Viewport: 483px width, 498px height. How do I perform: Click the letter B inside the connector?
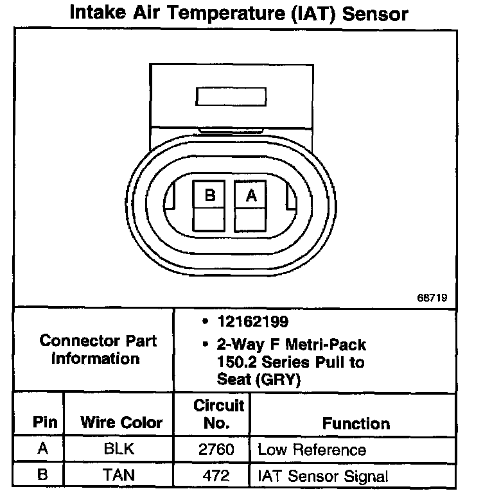(x=209, y=196)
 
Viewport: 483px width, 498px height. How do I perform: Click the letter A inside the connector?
(x=251, y=196)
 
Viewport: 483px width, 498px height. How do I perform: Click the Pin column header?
(x=45, y=423)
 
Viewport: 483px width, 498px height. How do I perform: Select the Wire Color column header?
(x=121, y=423)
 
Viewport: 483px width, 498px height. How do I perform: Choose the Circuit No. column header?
(x=218, y=414)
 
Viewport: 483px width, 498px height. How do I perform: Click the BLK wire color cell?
(x=119, y=449)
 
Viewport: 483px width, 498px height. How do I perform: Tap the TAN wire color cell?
(x=119, y=476)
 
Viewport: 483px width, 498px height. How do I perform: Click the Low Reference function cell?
(x=312, y=449)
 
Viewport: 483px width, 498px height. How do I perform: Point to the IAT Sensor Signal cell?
(x=322, y=476)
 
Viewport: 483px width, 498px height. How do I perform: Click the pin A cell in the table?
(x=43, y=449)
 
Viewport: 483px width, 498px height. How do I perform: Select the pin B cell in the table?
(x=43, y=476)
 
